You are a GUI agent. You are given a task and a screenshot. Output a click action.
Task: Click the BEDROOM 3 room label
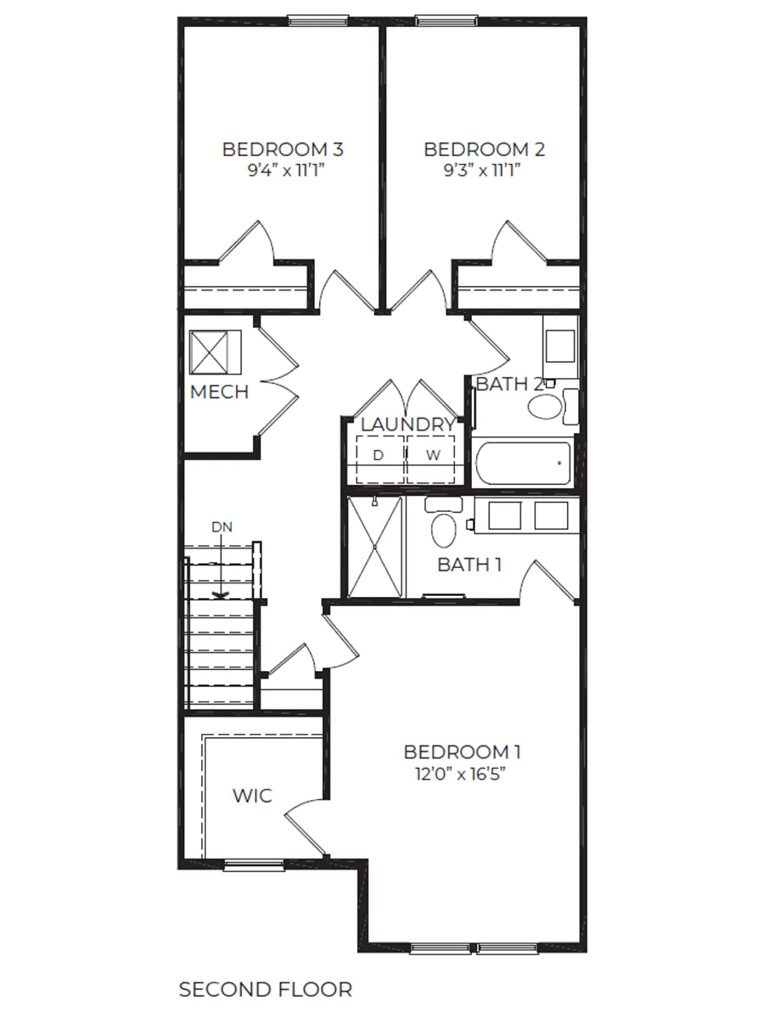(x=283, y=150)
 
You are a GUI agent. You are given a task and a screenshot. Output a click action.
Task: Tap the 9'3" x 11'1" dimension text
(x=482, y=170)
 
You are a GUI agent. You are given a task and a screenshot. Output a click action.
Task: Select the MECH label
(x=219, y=392)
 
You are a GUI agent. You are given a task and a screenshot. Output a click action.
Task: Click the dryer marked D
(x=380, y=459)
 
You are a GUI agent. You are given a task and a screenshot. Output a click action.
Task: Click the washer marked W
(x=431, y=459)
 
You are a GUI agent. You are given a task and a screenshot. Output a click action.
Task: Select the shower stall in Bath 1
(x=375, y=547)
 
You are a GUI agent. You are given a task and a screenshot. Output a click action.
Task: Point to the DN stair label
(x=222, y=527)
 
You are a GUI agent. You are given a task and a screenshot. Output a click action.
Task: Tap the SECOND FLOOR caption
(x=265, y=989)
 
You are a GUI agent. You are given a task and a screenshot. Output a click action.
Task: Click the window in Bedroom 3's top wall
(x=318, y=21)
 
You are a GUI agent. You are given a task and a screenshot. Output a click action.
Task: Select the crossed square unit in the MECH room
(x=215, y=352)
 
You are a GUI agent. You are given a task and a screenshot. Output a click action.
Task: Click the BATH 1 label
(x=469, y=565)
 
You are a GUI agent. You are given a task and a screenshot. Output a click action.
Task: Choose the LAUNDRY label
(x=407, y=424)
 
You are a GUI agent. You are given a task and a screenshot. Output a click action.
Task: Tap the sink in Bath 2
(x=560, y=347)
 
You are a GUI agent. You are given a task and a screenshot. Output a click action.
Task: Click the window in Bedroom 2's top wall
(x=446, y=21)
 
